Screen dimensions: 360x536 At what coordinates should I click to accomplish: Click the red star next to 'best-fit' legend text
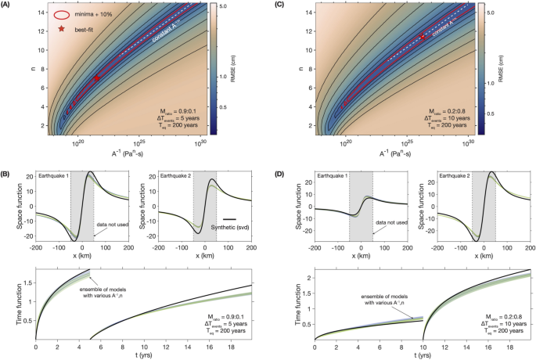(x=61, y=29)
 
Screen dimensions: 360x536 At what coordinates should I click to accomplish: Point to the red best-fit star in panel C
(x=423, y=36)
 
